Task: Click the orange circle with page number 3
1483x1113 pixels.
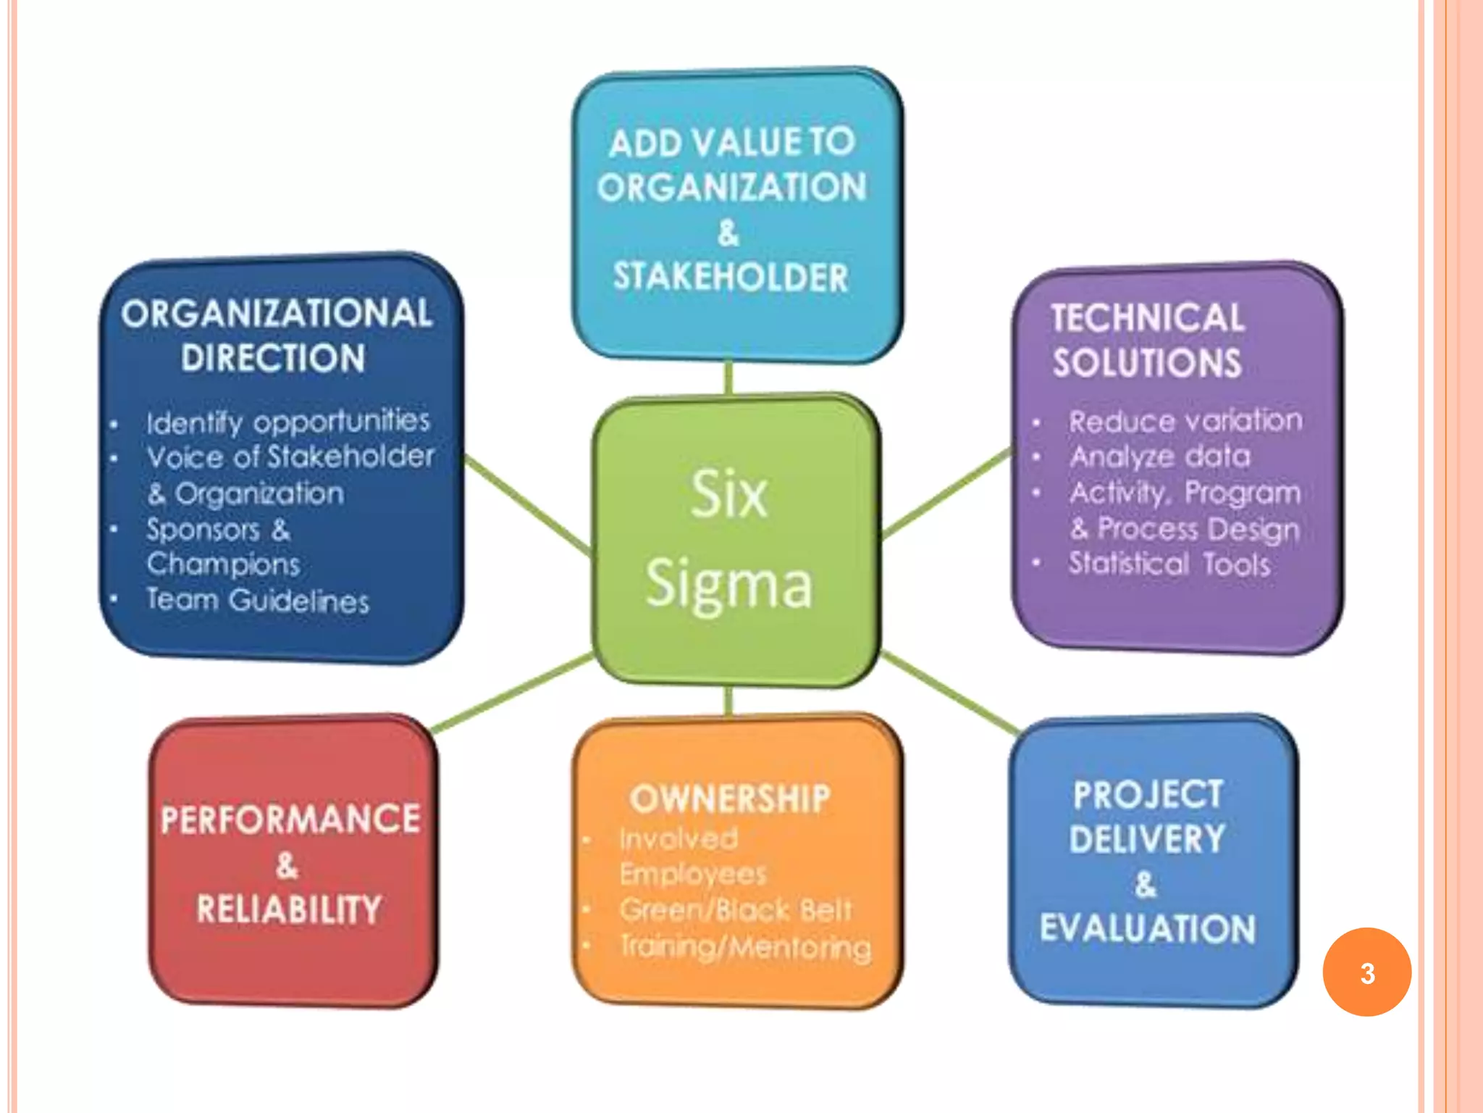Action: click(x=1366, y=972)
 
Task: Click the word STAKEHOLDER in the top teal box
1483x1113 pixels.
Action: click(x=731, y=277)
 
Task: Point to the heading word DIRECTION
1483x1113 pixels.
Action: click(x=273, y=358)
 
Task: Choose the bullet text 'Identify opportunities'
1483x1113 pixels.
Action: click(x=288, y=422)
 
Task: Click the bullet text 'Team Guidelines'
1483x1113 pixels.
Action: click(x=258, y=600)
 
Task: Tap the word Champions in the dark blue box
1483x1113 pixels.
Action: click(x=223, y=564)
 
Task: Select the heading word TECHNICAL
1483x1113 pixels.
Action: click(x=1148, y=317)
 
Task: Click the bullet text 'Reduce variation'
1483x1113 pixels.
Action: click(x=1185, y=421)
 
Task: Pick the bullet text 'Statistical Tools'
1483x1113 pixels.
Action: click(x=1169, y=564)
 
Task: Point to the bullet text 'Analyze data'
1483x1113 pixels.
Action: click(x=1160, y=457)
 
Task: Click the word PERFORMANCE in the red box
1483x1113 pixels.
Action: click(x=290, y=820)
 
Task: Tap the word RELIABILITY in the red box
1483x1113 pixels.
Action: click(x=289, y=909)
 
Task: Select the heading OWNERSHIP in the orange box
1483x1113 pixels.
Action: click(x=730, y=799)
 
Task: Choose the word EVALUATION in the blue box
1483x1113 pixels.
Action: click(x=1148, y=929)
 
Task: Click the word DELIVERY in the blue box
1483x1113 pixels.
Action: click(x=1148, y=839)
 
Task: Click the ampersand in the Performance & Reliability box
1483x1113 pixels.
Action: click(x=287, y=865)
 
